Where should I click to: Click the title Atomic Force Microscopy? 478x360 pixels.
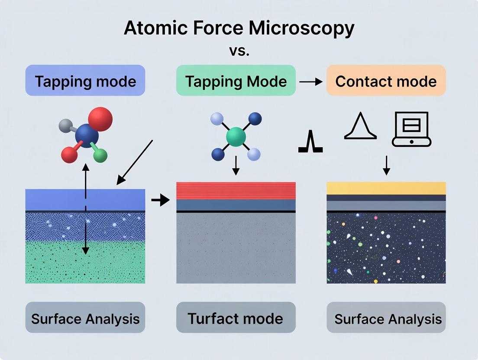[239, 29]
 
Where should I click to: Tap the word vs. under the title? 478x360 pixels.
[239, 51]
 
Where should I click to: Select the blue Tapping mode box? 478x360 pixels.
[85, 81]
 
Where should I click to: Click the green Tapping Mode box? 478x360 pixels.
[236, 81]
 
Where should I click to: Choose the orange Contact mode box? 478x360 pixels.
[386, 81]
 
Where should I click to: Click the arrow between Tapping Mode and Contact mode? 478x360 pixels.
[311, 81]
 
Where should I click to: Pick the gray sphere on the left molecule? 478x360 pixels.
[65, 126]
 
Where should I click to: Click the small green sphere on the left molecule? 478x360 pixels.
[100, 155]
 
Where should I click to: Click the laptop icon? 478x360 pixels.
[411, 129]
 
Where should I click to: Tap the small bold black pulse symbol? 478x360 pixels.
[310, 143]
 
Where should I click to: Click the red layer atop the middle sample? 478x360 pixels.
[236, 191]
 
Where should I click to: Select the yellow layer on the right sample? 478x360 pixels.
[386, 188]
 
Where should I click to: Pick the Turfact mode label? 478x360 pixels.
[236, 319]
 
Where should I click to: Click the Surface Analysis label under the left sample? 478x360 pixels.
[85, 319]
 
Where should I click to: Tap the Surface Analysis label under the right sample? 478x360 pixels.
[388, 319]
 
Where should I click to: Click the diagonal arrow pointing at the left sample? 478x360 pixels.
[135, 162]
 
